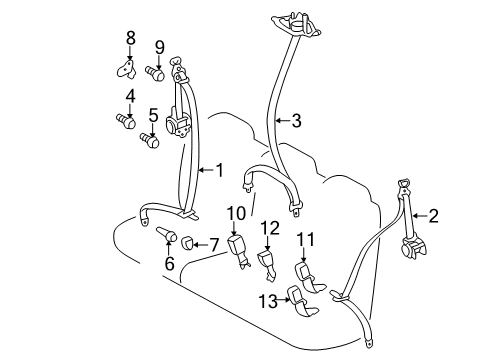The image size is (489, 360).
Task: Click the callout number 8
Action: pyautogui.click(x=129, y=39)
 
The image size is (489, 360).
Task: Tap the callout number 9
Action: pyautogui.click(x=159, y=47)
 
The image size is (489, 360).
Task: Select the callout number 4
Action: pyautogui.click(x=129, y=96)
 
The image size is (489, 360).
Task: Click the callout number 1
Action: pyautogui.click(x=220, y=169)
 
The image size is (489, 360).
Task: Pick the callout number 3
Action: pyautogui.click(x=295, y=122)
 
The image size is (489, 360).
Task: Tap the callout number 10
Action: pyautogui.click(x=236, y=212)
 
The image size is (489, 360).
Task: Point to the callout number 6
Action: pyautogui.click(x=169, y=264)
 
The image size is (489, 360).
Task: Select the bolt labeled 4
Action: pyautogui.click(x=127, y=122)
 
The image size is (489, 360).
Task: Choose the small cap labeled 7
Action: pyautogui.click(x=189, y=243)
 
